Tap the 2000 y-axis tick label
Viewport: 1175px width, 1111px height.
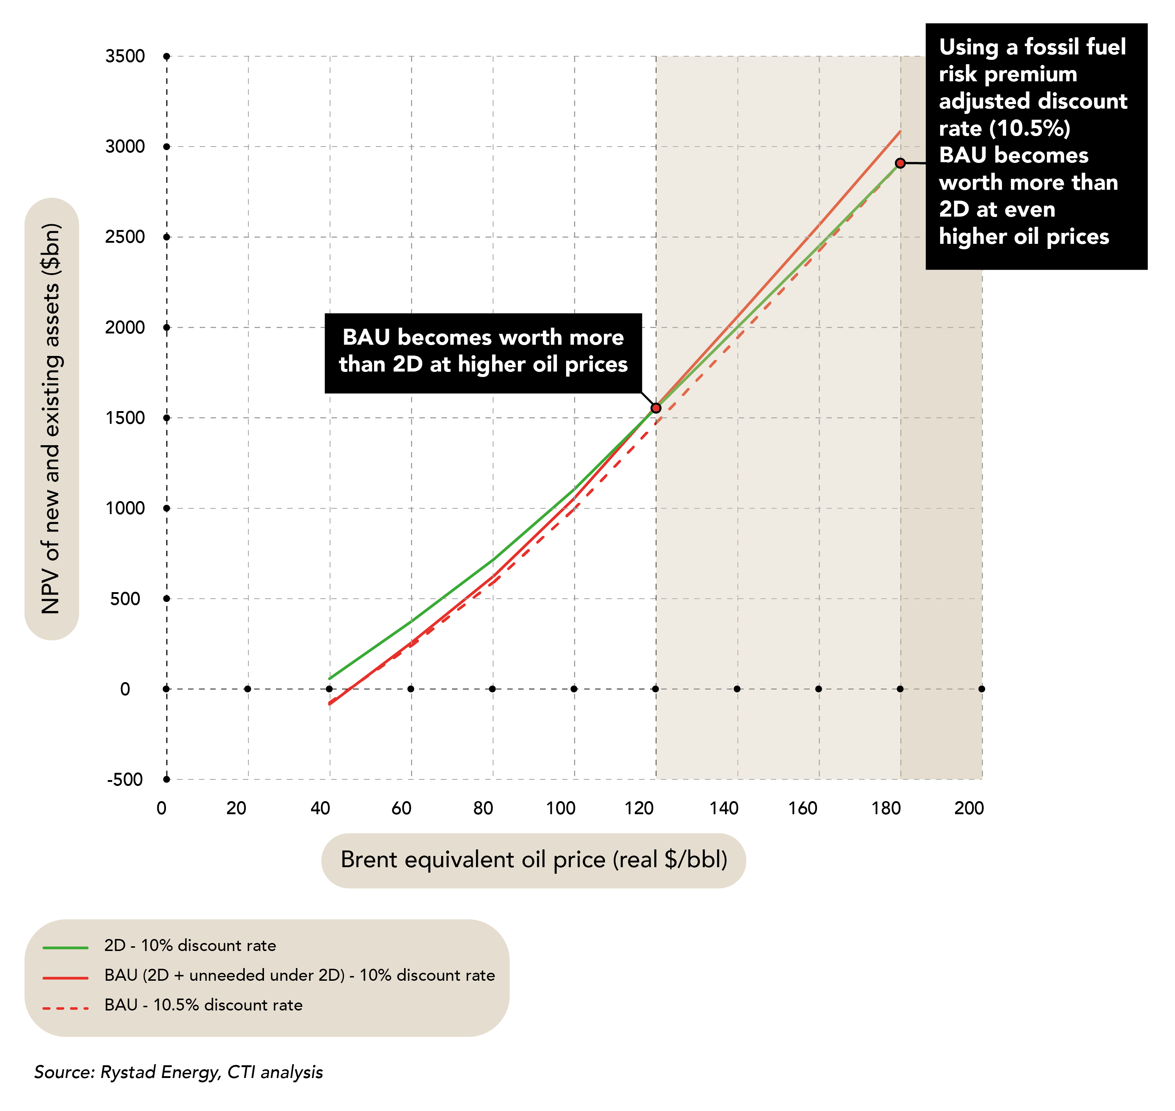click(x=125, y=328)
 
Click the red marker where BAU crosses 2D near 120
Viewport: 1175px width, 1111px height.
click(x=656, y=408)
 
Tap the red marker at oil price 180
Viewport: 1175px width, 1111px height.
click(x=900, y=163)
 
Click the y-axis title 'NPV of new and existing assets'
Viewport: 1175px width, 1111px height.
click(x=52, y=419)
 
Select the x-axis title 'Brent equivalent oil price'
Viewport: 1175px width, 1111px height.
click(x=533, y=860)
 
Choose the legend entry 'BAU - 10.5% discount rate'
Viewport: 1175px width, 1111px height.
click(x=203, y=1005)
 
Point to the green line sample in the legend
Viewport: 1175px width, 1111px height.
click(x=65, y=948)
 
